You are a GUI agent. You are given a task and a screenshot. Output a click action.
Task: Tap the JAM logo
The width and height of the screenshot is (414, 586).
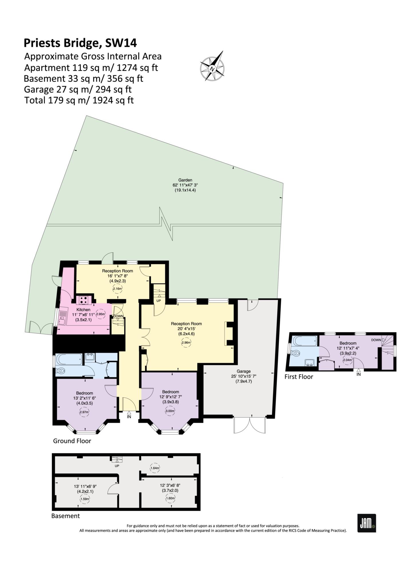pyautogui.click(x=367, y=523)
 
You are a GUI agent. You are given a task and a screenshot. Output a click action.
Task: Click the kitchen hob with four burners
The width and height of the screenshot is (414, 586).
pyautogui.click(x=84, y=300)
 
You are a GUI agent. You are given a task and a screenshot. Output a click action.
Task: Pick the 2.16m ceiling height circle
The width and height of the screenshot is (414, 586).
pyautogui.click(x=118, y=289)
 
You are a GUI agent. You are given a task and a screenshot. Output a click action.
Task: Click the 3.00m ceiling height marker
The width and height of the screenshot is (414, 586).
pyautogui.click(x=170, y=411)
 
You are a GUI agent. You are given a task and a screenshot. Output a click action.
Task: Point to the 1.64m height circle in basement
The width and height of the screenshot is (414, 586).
pyautogui.click(x=155, y=468)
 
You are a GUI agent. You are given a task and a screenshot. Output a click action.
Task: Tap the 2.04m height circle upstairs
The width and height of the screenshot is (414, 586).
pyautogui.click(x=348, y=360)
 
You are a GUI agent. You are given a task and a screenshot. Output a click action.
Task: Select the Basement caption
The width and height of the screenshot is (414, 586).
pyautogui.click(x=66, y=516)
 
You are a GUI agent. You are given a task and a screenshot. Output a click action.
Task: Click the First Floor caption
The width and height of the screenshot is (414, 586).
pyautogui.click(x=299, y=377)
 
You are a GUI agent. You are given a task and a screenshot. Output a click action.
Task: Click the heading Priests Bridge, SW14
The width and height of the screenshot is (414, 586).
pyautogui.click(x=80, y=43)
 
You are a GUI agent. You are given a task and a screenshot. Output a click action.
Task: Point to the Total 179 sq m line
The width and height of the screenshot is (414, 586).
pyautogui.click(x=79, y=100)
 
